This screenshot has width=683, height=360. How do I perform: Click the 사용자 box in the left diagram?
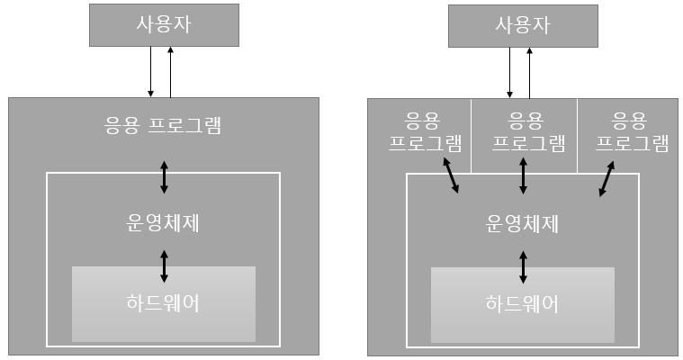[x=164, y=24]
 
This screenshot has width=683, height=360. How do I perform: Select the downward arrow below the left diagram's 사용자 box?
[x=151, y=72]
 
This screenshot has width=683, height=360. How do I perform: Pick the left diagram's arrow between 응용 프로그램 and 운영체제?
[x=164, y=176]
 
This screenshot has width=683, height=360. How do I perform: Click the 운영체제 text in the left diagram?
[x=163, y=222]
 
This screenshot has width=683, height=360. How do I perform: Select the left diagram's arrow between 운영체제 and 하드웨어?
[x=164, y=266]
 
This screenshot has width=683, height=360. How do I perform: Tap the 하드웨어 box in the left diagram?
[x=163, y=303]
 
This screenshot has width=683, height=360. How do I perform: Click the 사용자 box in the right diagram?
[x=523, y=24]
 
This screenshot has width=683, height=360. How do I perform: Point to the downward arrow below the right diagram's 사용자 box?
[x=511, y=72]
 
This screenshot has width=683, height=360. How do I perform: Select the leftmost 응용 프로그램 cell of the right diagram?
[x=420, y=133]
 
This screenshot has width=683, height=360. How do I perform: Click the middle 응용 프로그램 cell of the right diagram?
[x=523, y=133]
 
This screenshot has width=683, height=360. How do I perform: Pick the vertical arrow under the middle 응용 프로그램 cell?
[x=523, y=176]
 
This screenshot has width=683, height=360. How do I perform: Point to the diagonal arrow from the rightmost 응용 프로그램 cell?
[x=609, y=178]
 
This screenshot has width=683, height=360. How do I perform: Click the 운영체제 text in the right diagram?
[x=523, y=222]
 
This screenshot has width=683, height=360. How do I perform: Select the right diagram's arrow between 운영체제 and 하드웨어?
[x=523, y=267]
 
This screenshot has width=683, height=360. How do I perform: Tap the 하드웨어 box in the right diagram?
[x=523, y=304]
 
